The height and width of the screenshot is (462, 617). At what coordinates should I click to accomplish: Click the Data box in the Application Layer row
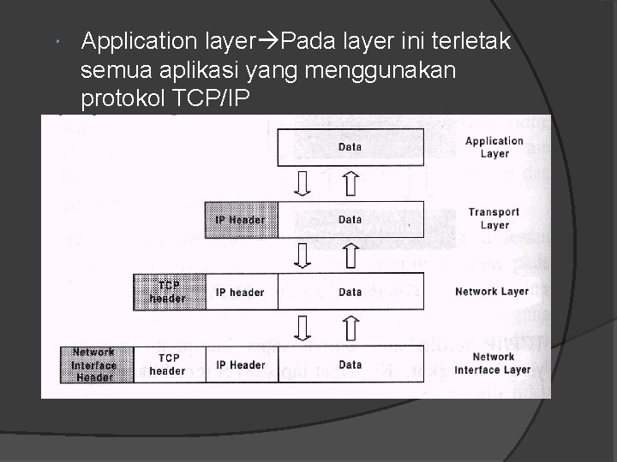(x=350, y=147)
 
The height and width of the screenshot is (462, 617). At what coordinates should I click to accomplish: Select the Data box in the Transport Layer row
(x=350, y=220)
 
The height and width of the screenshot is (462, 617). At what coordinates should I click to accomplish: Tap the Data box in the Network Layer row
(x=350, y=293)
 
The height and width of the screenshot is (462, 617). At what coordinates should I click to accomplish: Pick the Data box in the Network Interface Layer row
(x=350, y=364)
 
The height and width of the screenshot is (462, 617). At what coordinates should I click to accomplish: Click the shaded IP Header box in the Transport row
(x=241, y=220)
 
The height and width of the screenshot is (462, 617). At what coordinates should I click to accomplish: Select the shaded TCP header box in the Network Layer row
(x=169, y=292)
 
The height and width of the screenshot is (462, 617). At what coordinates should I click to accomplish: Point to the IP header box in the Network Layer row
(x=241, y=293)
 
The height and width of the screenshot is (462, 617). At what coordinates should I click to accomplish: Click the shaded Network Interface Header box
(x=94, y=364)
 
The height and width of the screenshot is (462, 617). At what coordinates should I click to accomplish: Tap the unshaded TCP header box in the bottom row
(x=168, y=364)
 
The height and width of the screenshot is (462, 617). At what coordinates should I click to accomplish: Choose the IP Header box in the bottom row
(x=241, y=364)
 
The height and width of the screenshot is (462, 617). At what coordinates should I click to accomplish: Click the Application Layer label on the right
(x=494, y=147)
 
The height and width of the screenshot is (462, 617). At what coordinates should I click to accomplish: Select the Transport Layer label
(x=494, y=219)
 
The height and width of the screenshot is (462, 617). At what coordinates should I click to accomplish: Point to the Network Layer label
(x=492, y=292)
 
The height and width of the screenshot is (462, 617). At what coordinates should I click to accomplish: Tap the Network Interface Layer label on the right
(x=493, y=364)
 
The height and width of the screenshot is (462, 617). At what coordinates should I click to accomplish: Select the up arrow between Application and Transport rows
(x=350, y=183)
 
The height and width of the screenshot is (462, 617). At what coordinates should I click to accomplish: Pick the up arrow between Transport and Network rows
(x=350, y=255)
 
